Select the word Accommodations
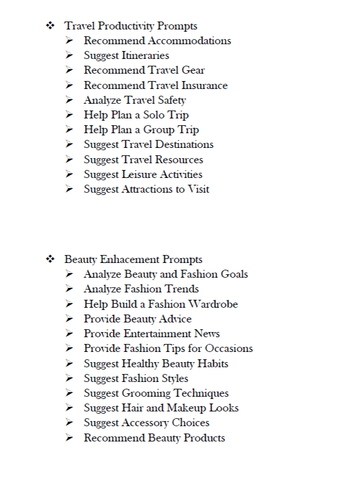[x=189, y=41]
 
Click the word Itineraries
[x=145, y=56]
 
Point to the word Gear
[x=193, y=70]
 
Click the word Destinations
[x=180, y=145]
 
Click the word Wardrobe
[x=213, y=304]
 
